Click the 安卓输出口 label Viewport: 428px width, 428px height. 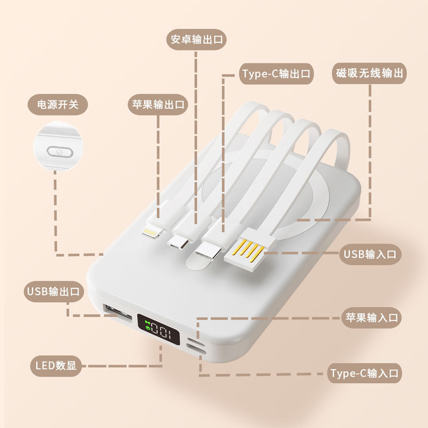(197, 40)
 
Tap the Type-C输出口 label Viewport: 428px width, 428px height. (275, 74)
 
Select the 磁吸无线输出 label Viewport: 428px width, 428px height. (369, 73)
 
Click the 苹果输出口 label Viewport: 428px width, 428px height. (158, 104)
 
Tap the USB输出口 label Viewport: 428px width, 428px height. (52, 291)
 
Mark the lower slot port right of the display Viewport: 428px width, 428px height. (198, 351)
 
